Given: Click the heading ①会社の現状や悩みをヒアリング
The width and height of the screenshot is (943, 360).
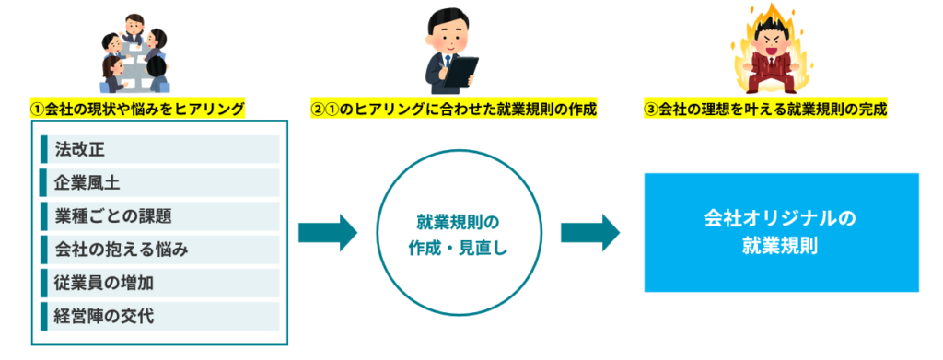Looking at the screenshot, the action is click(x=137, y=109).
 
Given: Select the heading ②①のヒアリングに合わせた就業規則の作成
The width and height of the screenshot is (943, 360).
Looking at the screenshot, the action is click(x=453, y=109).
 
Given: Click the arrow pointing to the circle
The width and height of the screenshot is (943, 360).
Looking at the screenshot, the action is click(x=328, y=232).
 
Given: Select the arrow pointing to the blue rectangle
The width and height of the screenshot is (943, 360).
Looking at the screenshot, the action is click(x=590, y=232).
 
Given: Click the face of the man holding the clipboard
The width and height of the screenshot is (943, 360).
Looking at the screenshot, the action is click(x=447, y=34).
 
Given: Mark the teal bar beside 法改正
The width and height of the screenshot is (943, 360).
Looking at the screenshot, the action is click(x=44, y=150).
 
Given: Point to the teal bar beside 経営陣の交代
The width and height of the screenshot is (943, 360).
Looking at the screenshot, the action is click(x=44, y=316).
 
